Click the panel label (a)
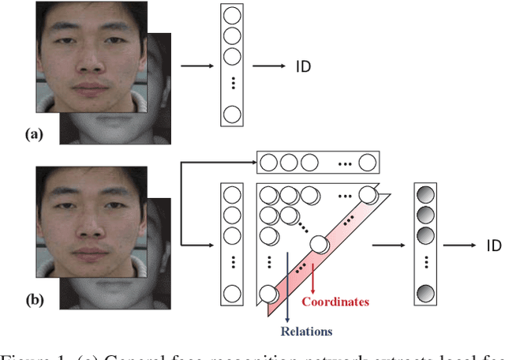(34, 135)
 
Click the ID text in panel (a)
(304, 66)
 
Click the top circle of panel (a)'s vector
(231, 16)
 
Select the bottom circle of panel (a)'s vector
(231, 114)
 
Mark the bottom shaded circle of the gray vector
(427, 294)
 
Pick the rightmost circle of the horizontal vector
(367, 163)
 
